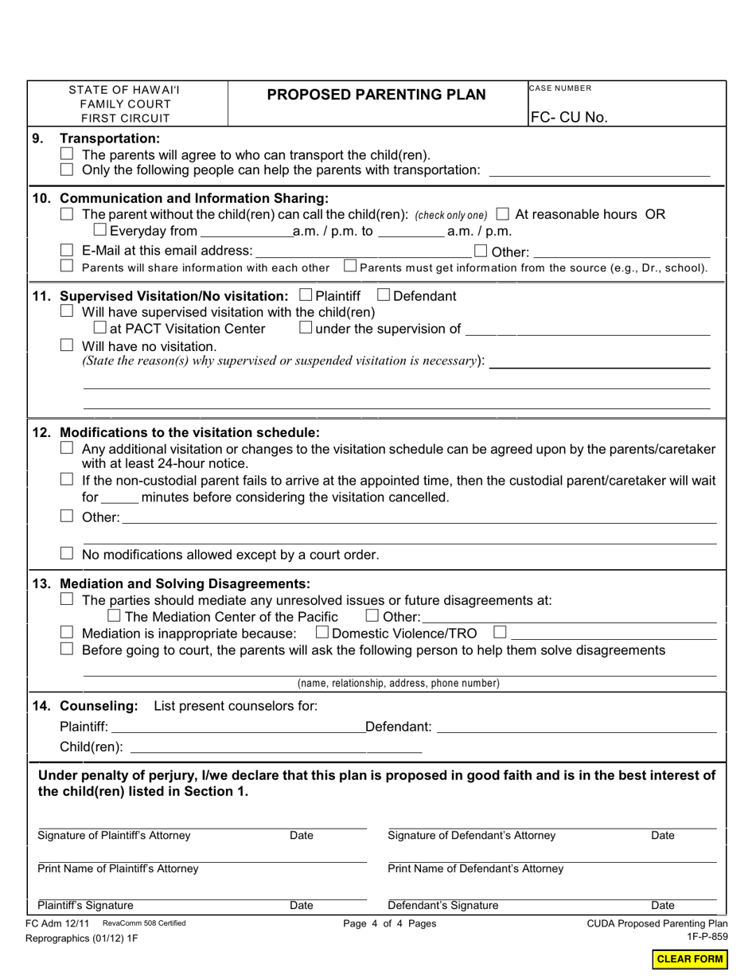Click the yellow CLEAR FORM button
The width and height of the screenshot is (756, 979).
[689, 959]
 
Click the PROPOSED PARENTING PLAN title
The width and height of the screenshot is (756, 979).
[376, 95]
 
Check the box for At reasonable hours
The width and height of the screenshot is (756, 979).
[502, 214]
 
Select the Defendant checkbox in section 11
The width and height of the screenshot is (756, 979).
[384, 295]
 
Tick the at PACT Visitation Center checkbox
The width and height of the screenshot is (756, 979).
[99, 328]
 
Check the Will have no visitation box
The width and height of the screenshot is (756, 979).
[68, 345]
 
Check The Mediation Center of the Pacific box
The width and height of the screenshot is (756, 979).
[114, 616]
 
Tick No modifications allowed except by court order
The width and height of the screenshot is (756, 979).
[68, 553]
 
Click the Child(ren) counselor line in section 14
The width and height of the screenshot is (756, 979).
[275, 747]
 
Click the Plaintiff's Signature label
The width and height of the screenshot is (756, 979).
[86, 905]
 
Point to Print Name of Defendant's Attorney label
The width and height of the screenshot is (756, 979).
[475, 868]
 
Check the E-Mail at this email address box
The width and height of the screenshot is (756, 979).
[68, 251]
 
